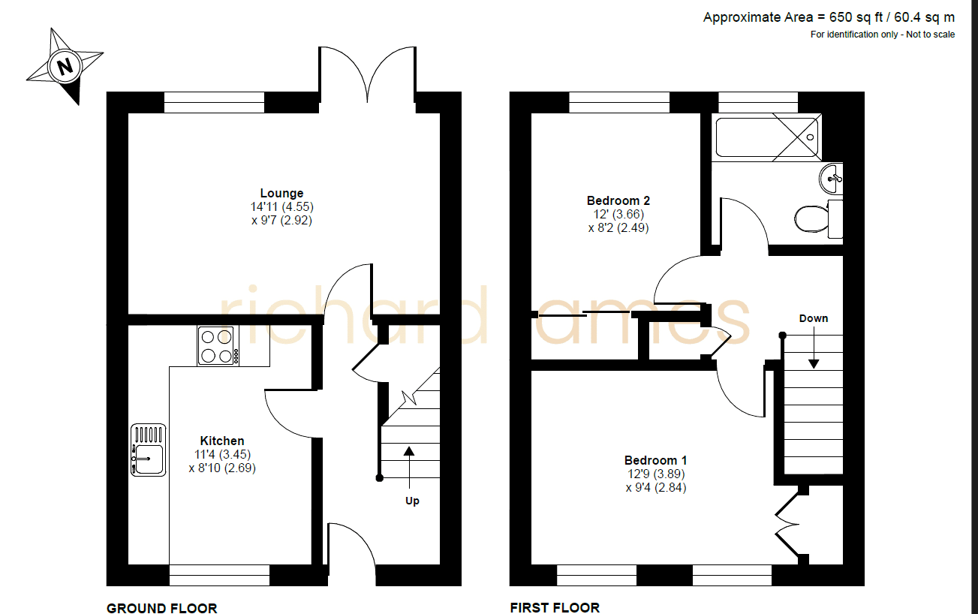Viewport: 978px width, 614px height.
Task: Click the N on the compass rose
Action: pyautogui.click(x=65, y=67)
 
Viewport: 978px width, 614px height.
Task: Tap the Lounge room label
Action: pyautogui.click(x=281, y=193)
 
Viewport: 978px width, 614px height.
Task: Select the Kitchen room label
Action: pyautogui.click(x=222, y=441)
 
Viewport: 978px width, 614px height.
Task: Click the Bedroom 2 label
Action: pyautogui.click(x=618, y=200)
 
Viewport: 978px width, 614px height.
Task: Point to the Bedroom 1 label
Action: pyautogui.click(x=655, y=460)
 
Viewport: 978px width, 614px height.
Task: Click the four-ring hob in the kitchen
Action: pyautogui.click(x=218, y=345)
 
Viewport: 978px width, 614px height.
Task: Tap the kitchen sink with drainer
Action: pyautogui.click(x=148, y=450)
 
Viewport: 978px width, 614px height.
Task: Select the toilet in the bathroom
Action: pyautogui.click(x=818, y=218)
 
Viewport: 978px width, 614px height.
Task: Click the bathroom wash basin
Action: pyautogui.click(x=831, y=178)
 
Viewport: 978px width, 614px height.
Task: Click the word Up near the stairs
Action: pyautogui.click(x=412, y=501)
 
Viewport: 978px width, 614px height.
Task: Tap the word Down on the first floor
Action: pyautogui.click(x=814, y=318)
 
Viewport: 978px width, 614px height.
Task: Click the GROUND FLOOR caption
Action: pyautogui.click(x=161, y=608)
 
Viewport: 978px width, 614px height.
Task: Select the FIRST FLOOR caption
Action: pyautogui.click(x=555, y=607)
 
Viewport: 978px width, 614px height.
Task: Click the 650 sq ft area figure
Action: pyautogui.click(x=856, y=17)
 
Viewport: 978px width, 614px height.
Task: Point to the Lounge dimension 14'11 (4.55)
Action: pyautogui.click(x=281, y=206)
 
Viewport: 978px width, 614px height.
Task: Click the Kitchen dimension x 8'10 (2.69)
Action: pyautogui.click(x=222, y=468)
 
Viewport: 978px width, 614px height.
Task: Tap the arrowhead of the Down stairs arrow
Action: pyautogui.click(x=814, y=364)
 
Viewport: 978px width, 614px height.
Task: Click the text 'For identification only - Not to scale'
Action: pyautogui.click(x=883, y=35)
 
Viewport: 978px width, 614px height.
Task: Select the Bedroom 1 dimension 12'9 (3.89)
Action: pyautogui.click(x=655, y=474)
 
